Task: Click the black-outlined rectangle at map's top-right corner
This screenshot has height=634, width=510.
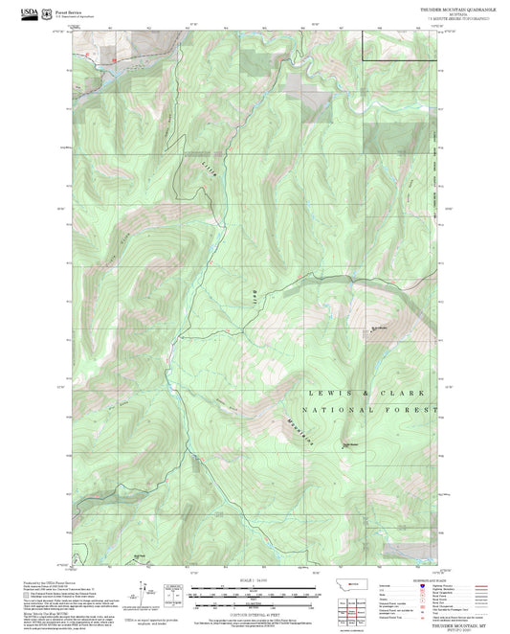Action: (399, 45)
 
